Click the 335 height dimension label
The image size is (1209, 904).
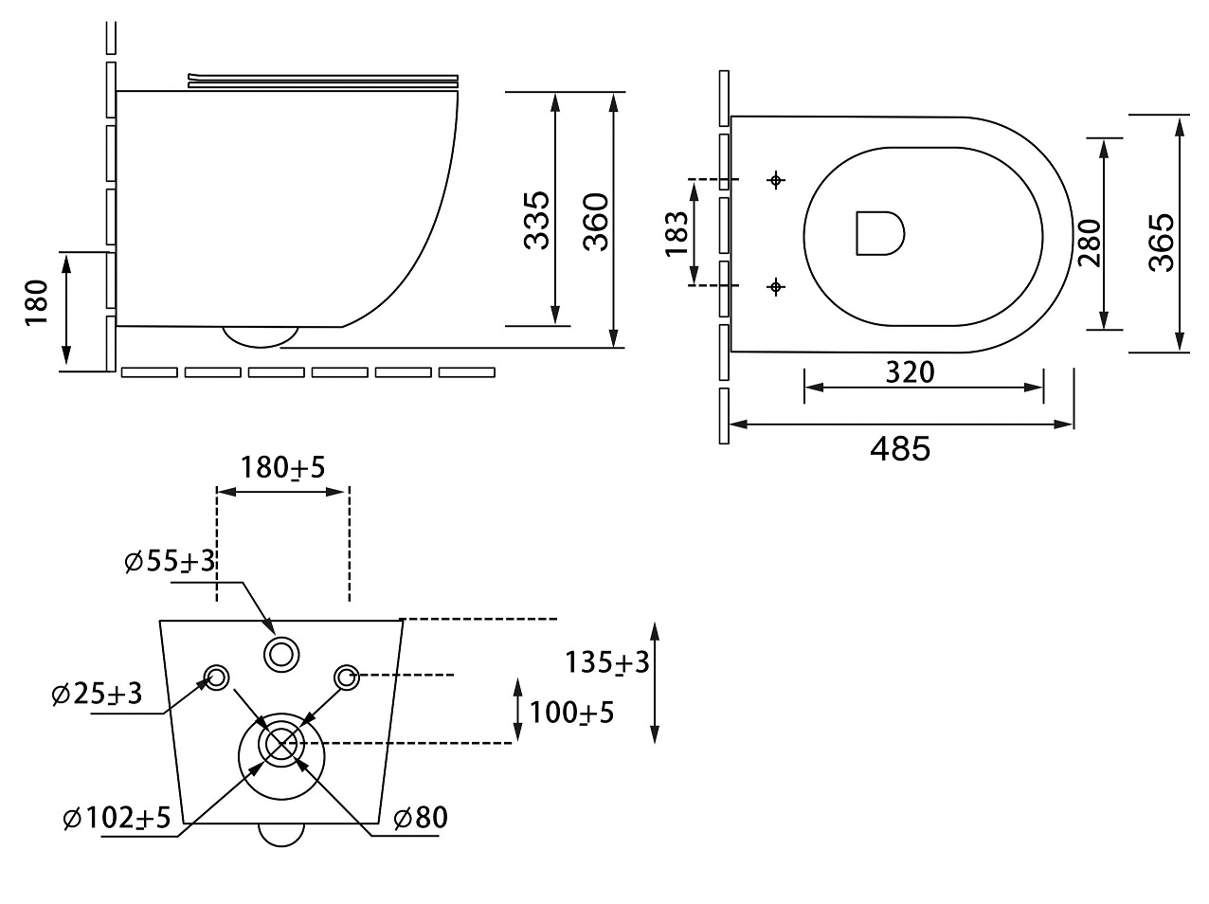coord(536,220)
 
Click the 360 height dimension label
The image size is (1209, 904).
coord(595,221)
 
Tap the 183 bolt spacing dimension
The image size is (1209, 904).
coord(676,233)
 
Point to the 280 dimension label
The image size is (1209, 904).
coord(1089,243)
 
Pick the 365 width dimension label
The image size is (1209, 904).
coord(1161,243)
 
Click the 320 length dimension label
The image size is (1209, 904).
coord(910,371)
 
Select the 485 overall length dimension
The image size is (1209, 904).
coord(900,448)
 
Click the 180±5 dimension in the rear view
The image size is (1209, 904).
coord(282,467)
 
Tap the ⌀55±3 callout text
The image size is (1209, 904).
coord(170,562)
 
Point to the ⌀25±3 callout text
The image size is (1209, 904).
coord(97,694)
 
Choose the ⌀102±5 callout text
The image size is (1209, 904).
coord(117,818)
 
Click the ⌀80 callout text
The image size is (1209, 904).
coord(420,818)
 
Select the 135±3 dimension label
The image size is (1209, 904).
coord(607,661)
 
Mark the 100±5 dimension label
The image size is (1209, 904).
coord(571,712)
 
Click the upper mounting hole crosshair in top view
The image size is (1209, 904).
coord(777,179)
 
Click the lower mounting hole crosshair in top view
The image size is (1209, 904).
coord(777,285)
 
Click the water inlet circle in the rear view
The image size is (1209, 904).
coord(281,652)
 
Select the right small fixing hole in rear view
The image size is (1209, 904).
coord(346,677)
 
